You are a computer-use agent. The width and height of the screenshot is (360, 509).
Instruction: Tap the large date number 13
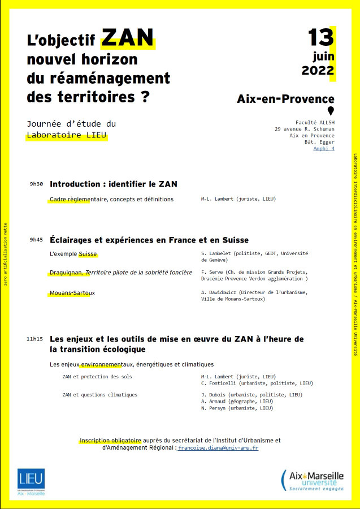pos(320,37)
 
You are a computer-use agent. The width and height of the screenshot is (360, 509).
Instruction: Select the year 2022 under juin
pos(318,71)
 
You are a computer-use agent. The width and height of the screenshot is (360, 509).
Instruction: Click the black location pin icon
pos(331,111)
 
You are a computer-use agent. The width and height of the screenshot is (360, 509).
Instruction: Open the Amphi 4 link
pos(324,149)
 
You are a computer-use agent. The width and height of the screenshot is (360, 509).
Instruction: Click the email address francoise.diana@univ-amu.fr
pos(218,448)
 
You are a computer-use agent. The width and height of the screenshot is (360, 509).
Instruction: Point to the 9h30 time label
pos(36,184)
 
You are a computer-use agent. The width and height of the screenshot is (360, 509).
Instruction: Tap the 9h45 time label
pos(36,240)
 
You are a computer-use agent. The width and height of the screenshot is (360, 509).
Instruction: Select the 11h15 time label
pos(34,339)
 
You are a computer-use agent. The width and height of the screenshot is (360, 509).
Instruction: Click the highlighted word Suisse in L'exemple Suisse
pos(88,253)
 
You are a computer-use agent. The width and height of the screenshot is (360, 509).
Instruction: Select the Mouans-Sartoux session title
pos(72,292)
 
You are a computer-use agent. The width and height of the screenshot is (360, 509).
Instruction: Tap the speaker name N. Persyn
pos(214,408)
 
